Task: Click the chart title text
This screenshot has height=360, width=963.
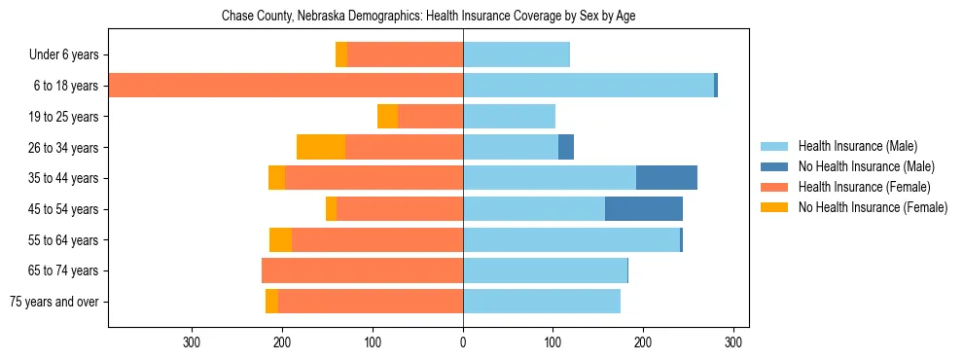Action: pos(428,17)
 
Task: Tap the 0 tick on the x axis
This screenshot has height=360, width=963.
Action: pos(463,342)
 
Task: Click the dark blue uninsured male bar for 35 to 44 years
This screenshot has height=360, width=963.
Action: pos(666,178)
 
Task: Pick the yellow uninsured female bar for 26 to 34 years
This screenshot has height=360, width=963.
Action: pos(321,148)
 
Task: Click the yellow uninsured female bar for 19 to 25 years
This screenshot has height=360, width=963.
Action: pos(387,117)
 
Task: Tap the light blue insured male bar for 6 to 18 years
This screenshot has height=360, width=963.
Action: pos(588,86)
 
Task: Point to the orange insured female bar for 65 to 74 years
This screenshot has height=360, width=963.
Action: pos(362,270)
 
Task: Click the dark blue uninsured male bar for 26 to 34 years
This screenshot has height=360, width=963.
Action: pos(566,148)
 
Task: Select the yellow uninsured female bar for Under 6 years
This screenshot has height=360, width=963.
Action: pos(341,55)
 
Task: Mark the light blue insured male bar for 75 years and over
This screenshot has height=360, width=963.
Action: pos(542,302)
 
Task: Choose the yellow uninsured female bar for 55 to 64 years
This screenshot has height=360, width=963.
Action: pos(280,240)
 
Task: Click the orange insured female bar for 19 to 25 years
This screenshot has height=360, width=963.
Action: pos(430,117)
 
